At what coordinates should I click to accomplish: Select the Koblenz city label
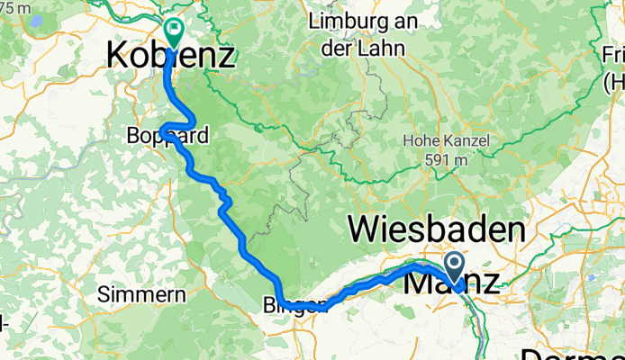pos(170,56)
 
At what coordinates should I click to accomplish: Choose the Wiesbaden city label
pos(436,229)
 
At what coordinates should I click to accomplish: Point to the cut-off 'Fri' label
pos(611,63)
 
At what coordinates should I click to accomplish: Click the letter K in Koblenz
pos(119,56)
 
